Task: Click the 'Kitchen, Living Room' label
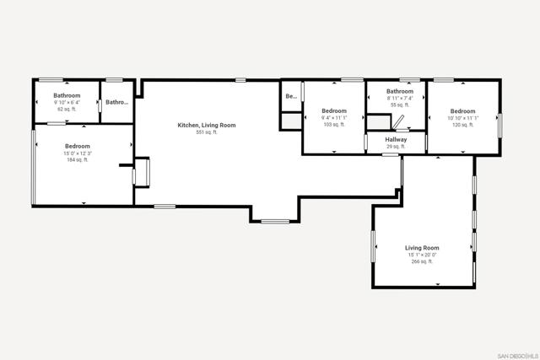206,126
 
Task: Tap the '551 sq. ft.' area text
206,132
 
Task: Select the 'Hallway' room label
396,140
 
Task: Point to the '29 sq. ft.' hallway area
396,147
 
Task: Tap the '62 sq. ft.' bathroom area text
67,110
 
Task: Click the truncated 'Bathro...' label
116,102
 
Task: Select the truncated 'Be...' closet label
290,96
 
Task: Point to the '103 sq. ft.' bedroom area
334,125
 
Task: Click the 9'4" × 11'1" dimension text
334,118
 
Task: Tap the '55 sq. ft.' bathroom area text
400,105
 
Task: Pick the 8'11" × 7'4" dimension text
400,98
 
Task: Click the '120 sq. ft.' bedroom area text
462,125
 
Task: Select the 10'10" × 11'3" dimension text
462,118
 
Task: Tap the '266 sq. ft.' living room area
422,261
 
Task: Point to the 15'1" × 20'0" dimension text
422,255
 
